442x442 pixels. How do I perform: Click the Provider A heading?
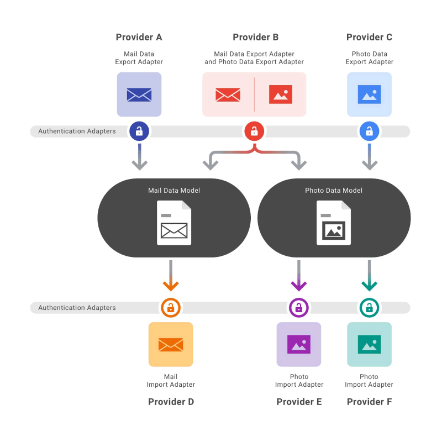point(139,37)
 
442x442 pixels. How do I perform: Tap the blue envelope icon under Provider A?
point(139,94)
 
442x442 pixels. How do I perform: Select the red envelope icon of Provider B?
point(228,94)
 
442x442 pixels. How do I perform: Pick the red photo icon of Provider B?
point(281,94)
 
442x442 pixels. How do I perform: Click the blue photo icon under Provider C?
point(369,94)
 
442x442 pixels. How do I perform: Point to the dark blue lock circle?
point(139,131)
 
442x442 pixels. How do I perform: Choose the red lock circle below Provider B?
point(254,131)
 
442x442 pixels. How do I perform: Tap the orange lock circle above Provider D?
point(171,308)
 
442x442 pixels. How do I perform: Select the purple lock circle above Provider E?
point(299,308)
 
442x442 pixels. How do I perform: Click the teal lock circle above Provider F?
point(369,308)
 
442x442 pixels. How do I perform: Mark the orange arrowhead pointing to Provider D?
point(171,286)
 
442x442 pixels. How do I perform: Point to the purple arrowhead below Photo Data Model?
point(299,286)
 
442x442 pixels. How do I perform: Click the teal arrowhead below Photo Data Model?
point(369,286)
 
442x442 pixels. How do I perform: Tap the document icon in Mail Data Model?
point(174,223)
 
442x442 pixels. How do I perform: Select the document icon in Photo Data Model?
point(334,223)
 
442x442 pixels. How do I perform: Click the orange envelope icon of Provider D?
point(171,344)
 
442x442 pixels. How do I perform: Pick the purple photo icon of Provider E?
point(299,344)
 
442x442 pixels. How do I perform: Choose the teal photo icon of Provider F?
point(369,344)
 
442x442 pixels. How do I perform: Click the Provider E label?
point(299,402)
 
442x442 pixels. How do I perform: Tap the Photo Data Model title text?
point(334,191)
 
